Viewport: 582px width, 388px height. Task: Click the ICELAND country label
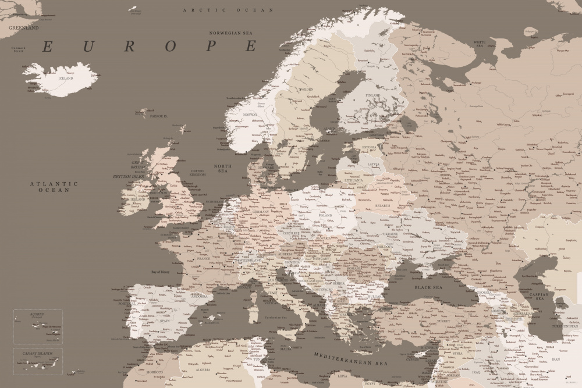pyautogui.click(x=65, y=78)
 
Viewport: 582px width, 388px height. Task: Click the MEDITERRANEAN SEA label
pyautogui.click(x=350, y=358)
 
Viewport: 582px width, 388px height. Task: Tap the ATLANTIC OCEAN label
pyautogui.click(x=54, y=187)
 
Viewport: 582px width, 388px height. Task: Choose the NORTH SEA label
pyautogui.click(x=223, y=169)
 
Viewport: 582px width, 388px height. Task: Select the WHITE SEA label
pyautogui.click(x=480, y=42)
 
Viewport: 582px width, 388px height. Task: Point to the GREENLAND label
pyautogui.click(x=23, y=27)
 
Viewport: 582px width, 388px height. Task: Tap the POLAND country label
pyautogui.click(x=325, y=215)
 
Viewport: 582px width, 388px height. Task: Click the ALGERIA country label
pyautogui.click(x=203, y=369)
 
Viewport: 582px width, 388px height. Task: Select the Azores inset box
pyautogui.click(x=38, y=326)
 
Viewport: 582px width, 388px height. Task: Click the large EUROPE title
pyautogui.click(x=150, y=47)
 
